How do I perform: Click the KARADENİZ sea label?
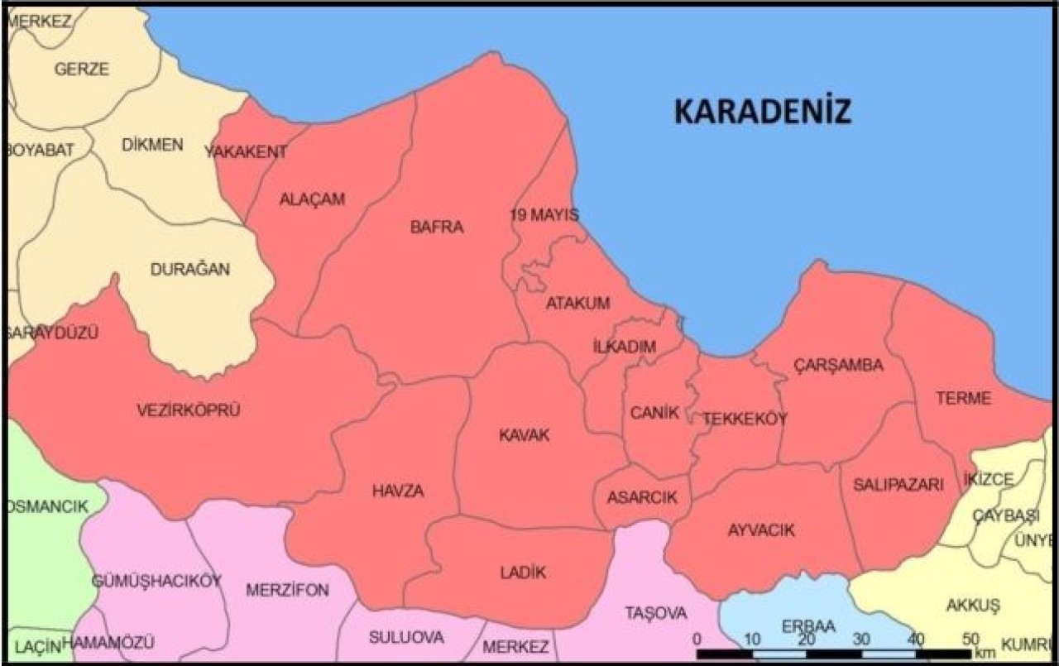coord(762,111)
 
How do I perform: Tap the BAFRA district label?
coord(437,228)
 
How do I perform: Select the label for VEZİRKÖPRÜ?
coord(189,409)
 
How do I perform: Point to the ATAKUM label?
coord(577,303)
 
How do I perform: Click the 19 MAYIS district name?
coord(544,215)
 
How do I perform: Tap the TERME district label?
coord(963,398)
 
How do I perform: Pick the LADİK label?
coord(524,572)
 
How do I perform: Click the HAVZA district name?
coord(398,491)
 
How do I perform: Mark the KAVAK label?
coord(524,435)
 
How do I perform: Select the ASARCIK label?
coord(642,497)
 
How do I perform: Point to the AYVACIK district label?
coord(761,530)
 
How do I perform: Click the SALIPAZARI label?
coord(898,486)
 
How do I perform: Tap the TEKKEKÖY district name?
coord(745,419)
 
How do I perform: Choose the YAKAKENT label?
coord(246,151)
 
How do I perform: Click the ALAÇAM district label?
coord(312,199)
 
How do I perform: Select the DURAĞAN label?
coord(190,269)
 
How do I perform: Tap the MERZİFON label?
coord(288,590)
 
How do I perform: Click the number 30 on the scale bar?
coord(861,639)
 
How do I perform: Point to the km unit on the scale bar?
coord(985,653)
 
